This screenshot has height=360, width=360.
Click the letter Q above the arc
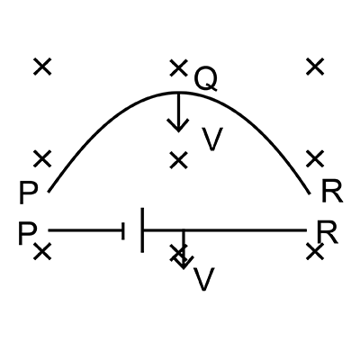[x=205, y=79]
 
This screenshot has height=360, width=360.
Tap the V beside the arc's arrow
[x=212, y=139]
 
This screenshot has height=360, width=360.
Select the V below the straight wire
[x=204, y=279]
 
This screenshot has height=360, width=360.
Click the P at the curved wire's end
[x=29, y=193]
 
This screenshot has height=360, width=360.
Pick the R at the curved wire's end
[x=332, y=192]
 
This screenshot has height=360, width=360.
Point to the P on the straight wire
[x=28, y=233]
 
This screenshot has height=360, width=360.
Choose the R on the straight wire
[x=328, y=232]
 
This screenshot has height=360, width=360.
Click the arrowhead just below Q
[x=178, y=125]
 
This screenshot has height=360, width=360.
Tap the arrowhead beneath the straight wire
[x=184, y=262]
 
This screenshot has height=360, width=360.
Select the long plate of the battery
[x=142, y=229]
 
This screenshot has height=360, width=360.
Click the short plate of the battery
[x=123, y=231]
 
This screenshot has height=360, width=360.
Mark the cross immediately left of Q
[x=178, y=67]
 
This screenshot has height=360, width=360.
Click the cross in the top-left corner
[x=42, y=67]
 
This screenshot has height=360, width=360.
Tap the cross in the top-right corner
[x=315, y=67]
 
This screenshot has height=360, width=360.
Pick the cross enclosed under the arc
[x=178, y=160]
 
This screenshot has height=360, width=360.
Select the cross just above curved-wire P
[x=42, y=158]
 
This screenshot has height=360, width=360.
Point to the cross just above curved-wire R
[x=315, y=158]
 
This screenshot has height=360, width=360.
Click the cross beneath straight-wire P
[x=42, y=251]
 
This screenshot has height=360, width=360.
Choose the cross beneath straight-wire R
[x=315, y=251]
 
